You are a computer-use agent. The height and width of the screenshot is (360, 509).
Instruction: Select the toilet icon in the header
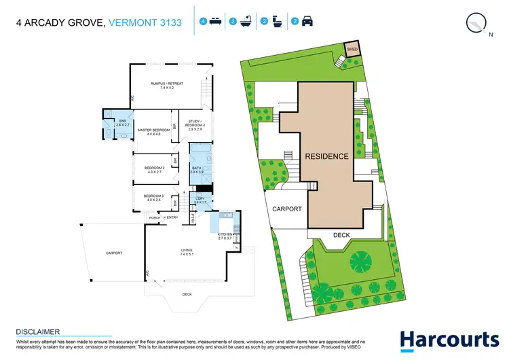click(x=278, y=22)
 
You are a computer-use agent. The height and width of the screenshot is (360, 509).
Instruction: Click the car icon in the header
click(x=307, y=22)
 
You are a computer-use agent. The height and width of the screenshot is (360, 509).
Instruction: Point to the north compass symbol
click(x=477, y=22)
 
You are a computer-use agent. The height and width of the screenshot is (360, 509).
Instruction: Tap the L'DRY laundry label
click(x=200, y=200)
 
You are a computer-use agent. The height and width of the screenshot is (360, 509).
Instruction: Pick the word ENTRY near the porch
click(x=172, y=217)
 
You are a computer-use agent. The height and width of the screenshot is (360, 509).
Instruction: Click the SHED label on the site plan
click(x=352, y=49)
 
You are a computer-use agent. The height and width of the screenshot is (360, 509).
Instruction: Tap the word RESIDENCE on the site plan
click(x=326, y=156)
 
